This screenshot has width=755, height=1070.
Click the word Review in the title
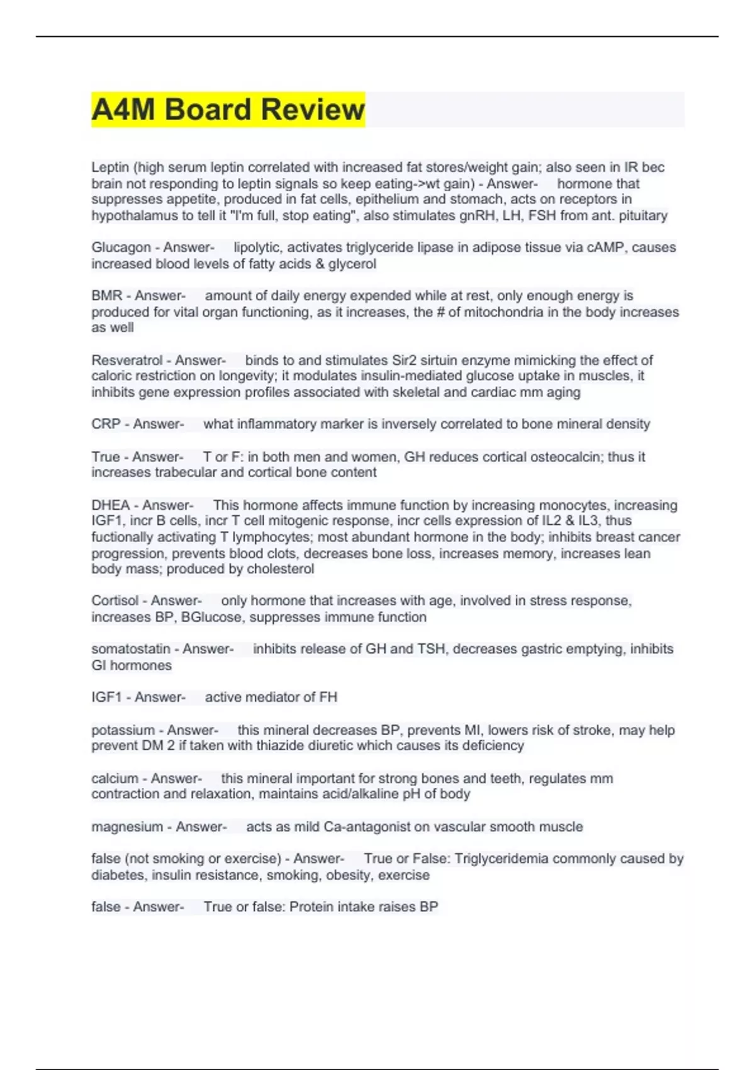[312, 110]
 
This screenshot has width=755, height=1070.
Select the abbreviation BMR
[106, 296]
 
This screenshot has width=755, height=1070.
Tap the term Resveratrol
[127, 361]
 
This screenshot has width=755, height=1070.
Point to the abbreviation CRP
[106, 424]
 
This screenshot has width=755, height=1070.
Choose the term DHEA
[110, 505]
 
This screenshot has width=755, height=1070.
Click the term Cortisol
[115, 601]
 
